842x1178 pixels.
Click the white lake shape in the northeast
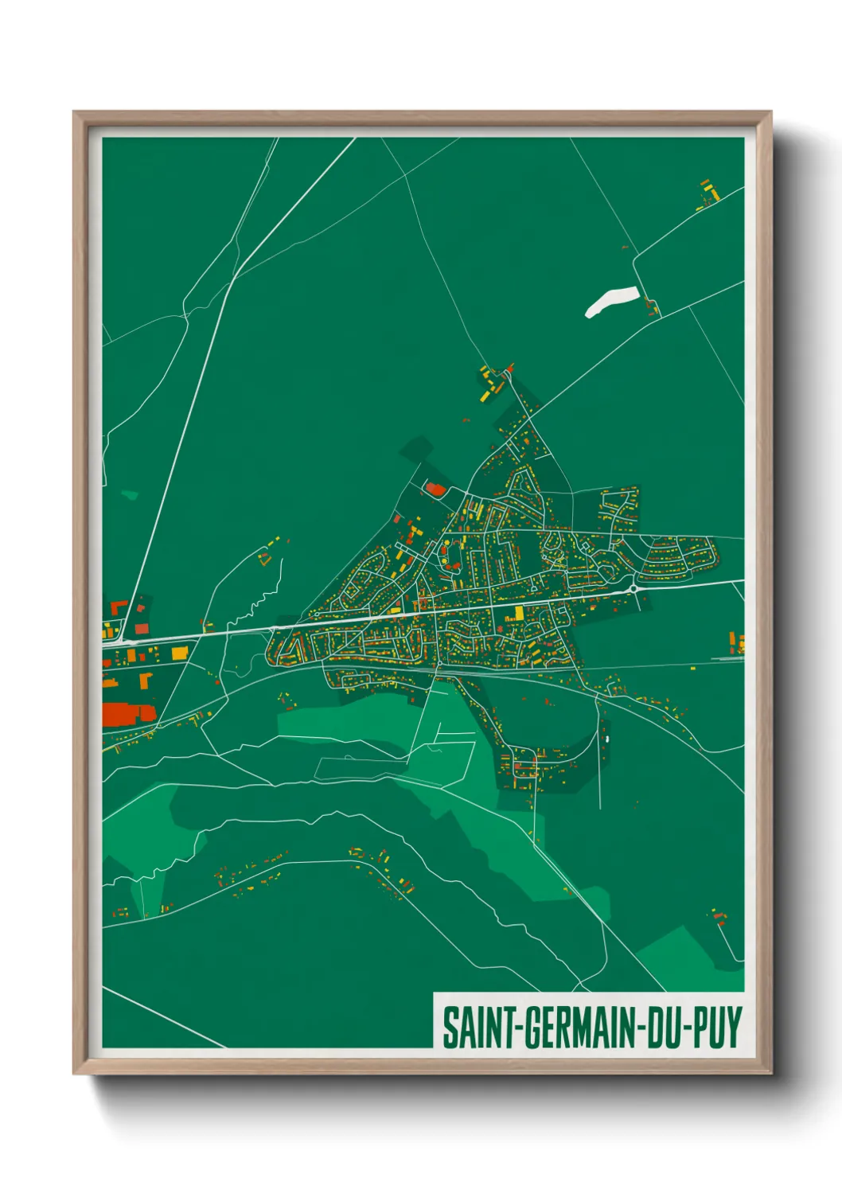[x=611, y=302]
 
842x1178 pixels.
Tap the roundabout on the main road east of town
[x=633, y=589]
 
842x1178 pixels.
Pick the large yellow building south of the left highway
[x=179, y=653]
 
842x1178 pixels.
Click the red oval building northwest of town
[x=434, y=488]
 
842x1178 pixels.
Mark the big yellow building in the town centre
[x=519, y=613]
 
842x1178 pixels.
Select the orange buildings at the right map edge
[x=737, y=642]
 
